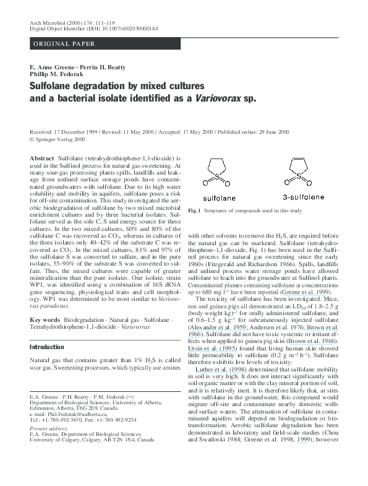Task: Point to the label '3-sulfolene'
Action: coord(304,197)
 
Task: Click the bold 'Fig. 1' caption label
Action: coord(195,211)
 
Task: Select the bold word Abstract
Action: coord(42,159)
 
